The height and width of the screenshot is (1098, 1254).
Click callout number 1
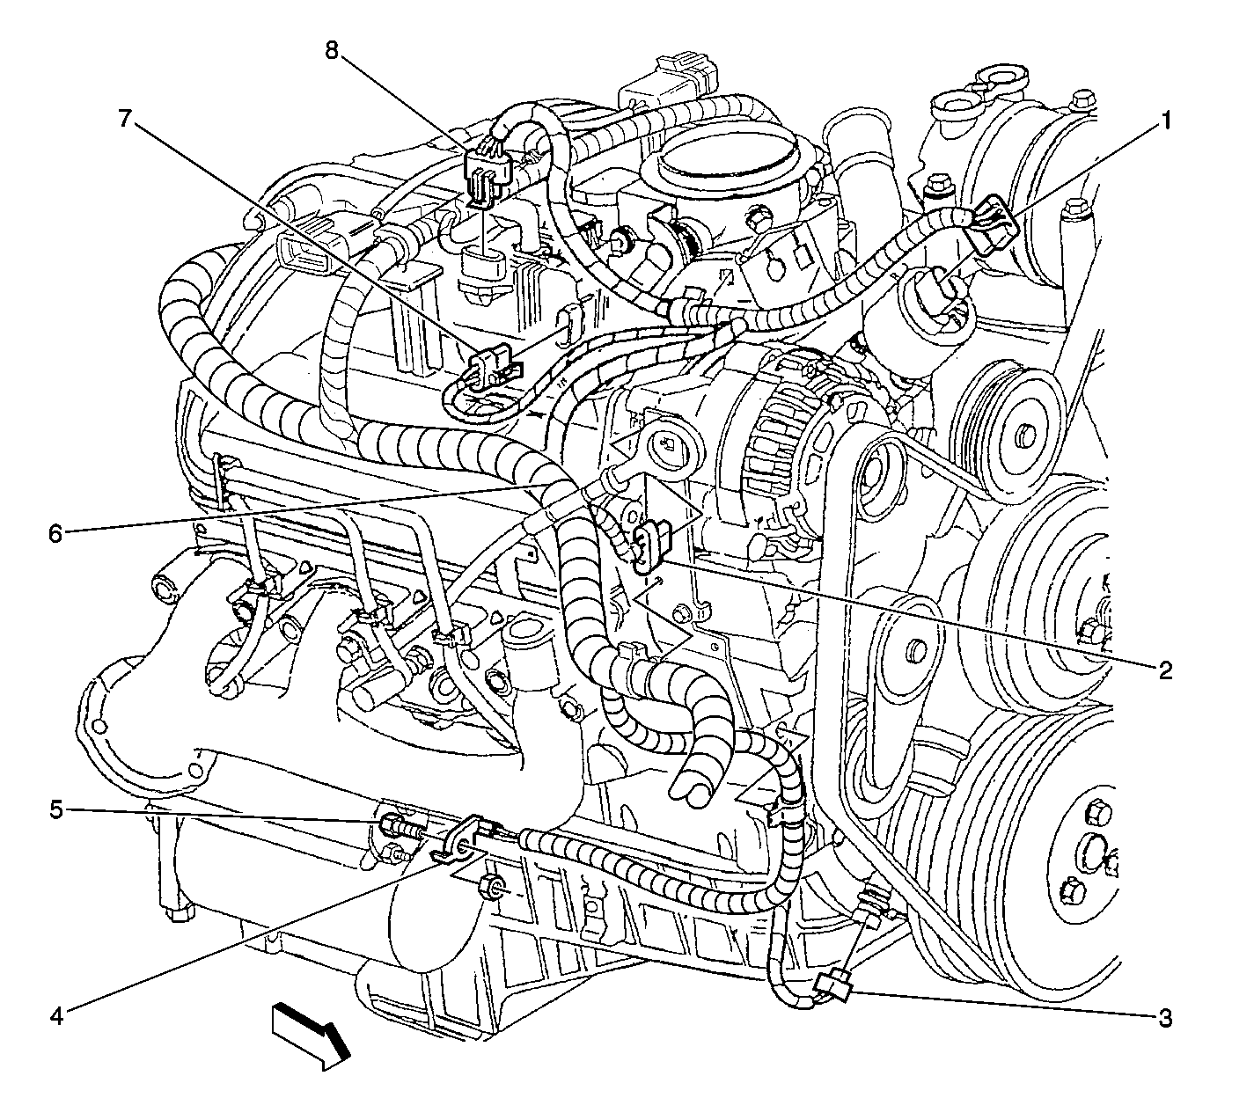(1165, 121)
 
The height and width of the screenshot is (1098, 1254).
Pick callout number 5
(55, 810)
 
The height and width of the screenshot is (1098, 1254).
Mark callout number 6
(55, 533)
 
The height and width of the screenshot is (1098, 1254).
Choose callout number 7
(125, 118)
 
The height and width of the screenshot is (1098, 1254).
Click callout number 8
(332, 50)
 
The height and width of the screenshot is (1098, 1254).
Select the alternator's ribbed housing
(790, 429)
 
